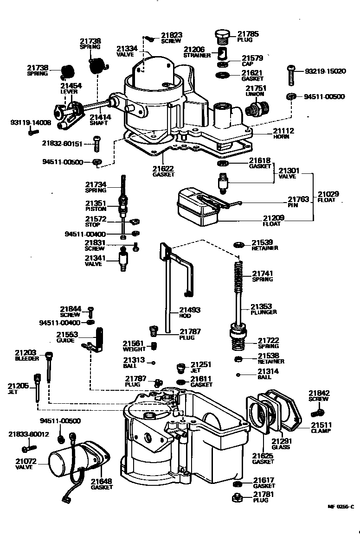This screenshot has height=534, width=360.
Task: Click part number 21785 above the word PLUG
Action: click(x=248, y=34)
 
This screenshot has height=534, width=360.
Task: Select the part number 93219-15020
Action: click(x=325, y=71)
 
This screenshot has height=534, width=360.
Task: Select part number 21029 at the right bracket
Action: click(x=328, y=194)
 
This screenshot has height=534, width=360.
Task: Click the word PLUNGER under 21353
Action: click(x=264, y=312)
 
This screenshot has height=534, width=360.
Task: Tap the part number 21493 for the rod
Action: click(x=190, y=310)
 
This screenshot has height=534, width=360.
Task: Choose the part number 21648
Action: click(x=101, y=481)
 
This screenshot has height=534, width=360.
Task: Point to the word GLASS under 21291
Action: click(x=281, y=447)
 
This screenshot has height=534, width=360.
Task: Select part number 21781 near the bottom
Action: click(x=264, y=495)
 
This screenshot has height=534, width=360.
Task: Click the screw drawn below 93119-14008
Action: click(x=32, y=132)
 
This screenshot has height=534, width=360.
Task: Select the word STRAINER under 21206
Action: click(x=197, y=55)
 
